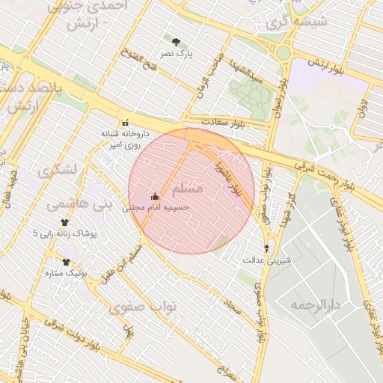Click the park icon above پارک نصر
point(176,43)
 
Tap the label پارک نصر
point(176,55)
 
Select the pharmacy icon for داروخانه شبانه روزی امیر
point(125,123)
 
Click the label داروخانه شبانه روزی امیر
point(125,138)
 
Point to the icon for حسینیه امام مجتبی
point(156,197)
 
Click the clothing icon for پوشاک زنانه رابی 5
point(65,222)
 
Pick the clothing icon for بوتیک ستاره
point(66,262)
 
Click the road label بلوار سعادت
point(223,121)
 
